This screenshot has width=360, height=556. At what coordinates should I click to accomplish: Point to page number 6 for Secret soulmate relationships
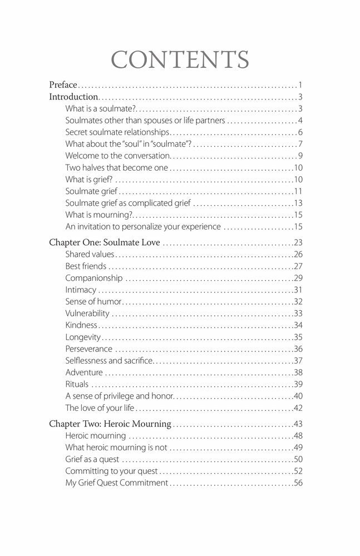tap(299, 132)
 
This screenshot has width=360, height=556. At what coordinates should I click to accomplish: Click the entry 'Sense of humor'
tap(93, 301)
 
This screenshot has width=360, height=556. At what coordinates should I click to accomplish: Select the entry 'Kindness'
tap(81, 325)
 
